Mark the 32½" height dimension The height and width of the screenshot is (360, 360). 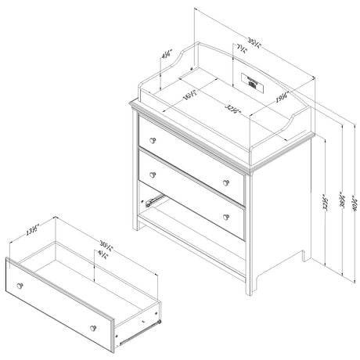[322, 205]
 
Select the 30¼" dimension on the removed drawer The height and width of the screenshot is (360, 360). [97, 240]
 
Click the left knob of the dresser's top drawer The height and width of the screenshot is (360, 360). [155, 138]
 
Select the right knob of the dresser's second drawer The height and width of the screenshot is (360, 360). [227, 216]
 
